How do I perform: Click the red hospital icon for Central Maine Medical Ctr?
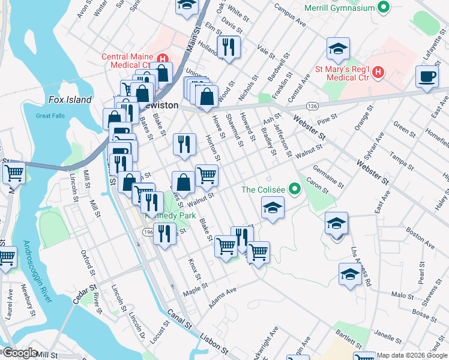coord(161,58)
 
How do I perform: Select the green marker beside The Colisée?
coord(294,190)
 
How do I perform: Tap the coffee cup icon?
coord(427,77)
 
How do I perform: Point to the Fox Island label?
coord(70,100)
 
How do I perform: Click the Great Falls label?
coord(50,116)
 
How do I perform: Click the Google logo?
coord(19,353)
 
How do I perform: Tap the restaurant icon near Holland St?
coord(228,47)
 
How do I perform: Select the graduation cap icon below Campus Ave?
coord(338,49)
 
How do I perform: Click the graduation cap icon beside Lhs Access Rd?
coord(350,274)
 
